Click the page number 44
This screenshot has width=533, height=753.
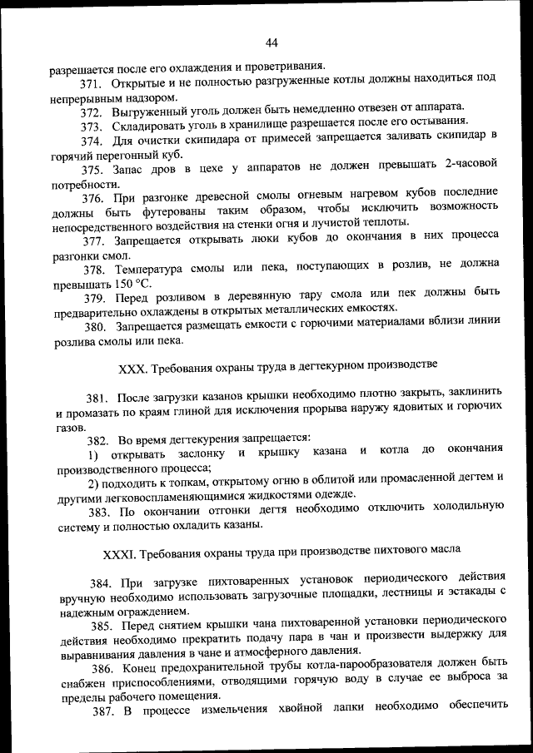click(271, 43)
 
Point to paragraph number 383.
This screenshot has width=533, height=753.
click(100, 509)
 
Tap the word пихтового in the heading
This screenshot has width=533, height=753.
click(401, 552)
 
